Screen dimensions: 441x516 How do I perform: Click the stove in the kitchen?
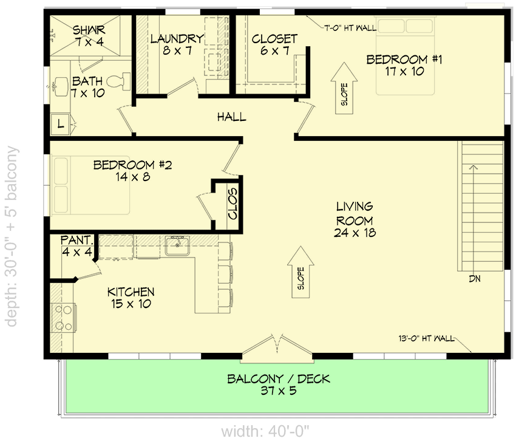[63, 317]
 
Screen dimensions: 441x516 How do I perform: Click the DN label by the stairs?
[475, 279]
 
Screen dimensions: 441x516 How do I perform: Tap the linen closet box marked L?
[61, 124]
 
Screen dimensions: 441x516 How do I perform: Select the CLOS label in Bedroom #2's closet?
[232, 204]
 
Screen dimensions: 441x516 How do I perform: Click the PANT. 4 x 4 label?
[76, 246]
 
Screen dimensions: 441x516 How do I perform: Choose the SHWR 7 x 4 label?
[89, 35]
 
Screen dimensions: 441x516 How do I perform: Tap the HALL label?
[232, 117]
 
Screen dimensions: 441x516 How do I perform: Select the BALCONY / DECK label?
[279, 385]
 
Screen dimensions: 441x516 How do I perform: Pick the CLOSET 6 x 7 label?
[274, 44]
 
